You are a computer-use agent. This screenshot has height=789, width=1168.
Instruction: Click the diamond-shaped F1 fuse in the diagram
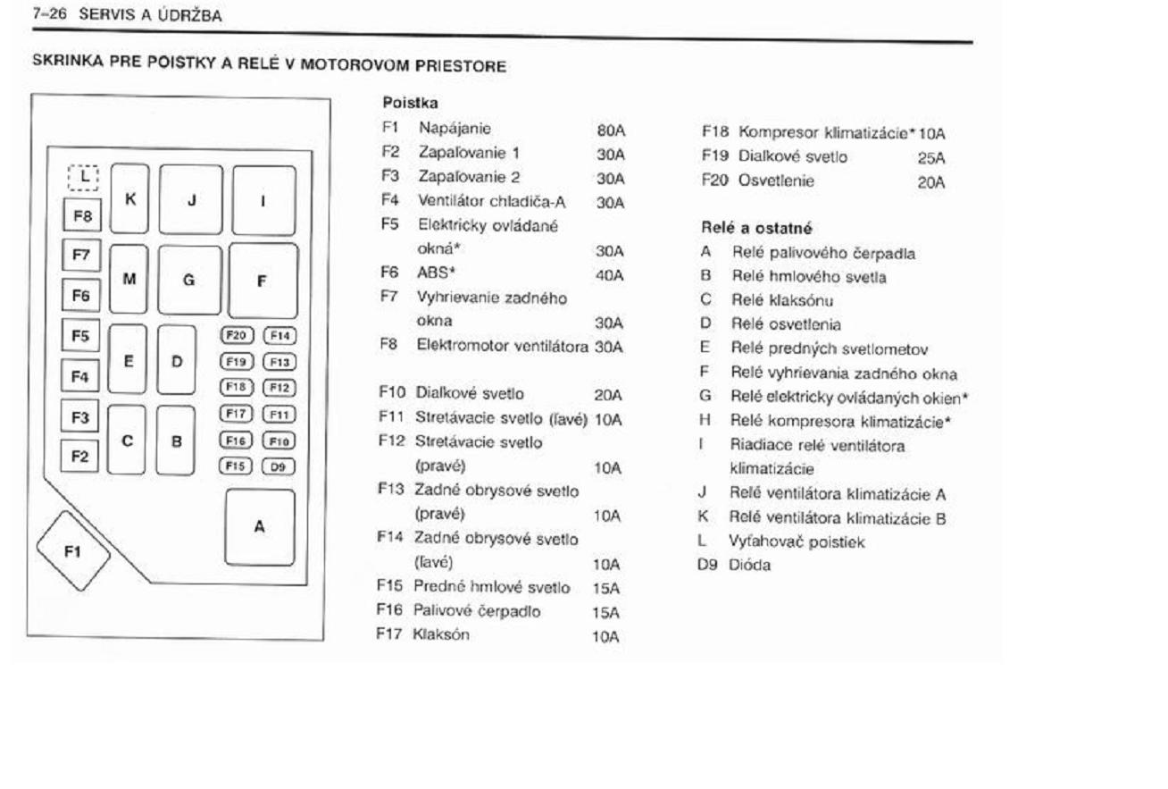(x=72, y=550)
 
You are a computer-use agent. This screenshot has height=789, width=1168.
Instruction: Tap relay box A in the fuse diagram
(x=259, y=526)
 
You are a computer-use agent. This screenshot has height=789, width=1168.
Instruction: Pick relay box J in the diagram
(x=191, y=199)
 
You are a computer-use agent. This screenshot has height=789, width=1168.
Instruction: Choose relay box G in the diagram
(x=189, y=280)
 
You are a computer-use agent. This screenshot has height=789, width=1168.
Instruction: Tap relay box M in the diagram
(x=129, y=280)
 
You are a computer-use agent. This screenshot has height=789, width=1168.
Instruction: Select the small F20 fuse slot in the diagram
(x=238, y=336)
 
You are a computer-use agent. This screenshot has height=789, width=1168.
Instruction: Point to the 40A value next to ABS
(x=611, y=276)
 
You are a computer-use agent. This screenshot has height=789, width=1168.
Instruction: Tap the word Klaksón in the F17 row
(x=435, y=636)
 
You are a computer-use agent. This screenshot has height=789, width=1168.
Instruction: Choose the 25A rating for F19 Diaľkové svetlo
(x=930, y=158)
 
